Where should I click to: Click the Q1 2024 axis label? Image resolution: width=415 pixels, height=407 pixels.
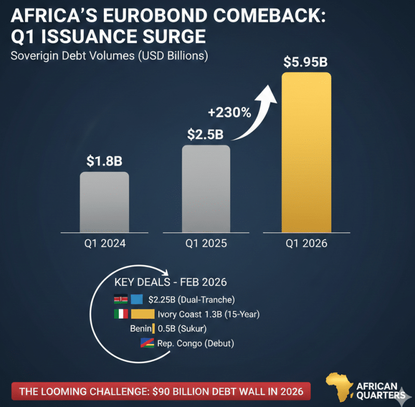coord(104,243)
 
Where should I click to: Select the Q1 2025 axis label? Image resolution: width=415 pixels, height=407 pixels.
coord(205,243)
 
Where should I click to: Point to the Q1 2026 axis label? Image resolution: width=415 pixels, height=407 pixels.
coord(306,243)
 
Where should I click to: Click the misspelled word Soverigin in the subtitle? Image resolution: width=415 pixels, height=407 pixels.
coord(34,56)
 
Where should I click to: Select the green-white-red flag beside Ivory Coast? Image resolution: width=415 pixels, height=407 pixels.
coord(120,313)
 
